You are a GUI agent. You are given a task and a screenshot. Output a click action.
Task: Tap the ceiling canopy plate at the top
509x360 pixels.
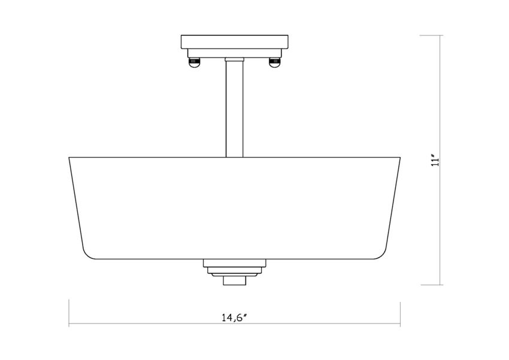(235, 43)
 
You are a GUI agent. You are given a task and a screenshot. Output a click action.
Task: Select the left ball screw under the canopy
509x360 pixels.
(193, 62)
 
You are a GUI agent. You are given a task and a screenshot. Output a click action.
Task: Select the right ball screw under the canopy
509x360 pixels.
(275, 62)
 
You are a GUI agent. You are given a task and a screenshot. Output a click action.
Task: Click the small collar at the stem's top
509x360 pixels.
(235, 59)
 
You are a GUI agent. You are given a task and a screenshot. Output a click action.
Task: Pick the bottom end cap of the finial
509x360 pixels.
(235, 280)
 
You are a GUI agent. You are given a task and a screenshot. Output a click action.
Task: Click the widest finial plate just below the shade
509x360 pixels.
(235, 263)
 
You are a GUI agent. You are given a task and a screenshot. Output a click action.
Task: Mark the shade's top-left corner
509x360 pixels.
(70, 158)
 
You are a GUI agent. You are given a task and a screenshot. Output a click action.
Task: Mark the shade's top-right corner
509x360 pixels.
(399, 158)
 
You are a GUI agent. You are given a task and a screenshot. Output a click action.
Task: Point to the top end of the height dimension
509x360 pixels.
(441, 35)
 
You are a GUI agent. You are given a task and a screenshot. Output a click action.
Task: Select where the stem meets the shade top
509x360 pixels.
(235, 157)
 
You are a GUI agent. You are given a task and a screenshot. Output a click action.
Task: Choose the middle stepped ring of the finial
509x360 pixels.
(235, 271)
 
